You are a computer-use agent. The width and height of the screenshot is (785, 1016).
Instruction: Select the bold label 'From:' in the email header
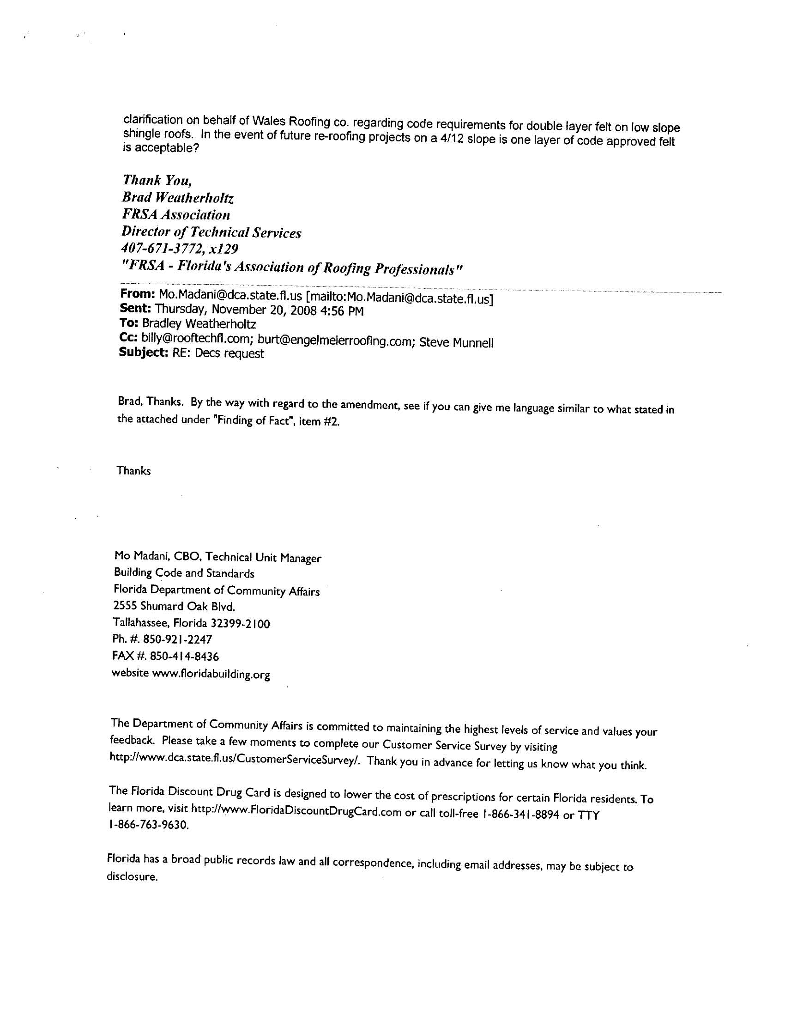(x=137, y=294)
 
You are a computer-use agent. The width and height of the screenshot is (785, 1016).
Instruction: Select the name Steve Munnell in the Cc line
(x=456, y=343)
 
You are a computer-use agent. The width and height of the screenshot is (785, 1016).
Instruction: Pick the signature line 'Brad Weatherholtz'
(x=178, y=198)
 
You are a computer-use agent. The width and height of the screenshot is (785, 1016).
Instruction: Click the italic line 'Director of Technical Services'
(x=211, y=232)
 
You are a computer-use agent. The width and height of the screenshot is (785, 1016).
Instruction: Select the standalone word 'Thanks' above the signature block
(x=133, y=471)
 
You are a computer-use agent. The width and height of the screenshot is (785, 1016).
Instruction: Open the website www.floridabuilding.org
(x=211, y=674)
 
